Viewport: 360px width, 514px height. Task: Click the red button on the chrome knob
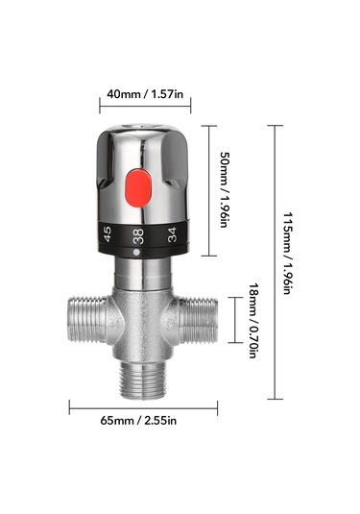tap(138, 188)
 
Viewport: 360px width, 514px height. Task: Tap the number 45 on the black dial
tap(108, 234)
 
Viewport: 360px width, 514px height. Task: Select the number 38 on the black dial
tap(138, 236)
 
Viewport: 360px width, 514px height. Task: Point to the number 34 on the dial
tap(172, 234)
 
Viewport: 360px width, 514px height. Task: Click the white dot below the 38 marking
tap(136, 253)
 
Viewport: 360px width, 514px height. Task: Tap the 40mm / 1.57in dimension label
tap(145, 94)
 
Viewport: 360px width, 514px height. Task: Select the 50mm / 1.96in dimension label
tap(224, 189)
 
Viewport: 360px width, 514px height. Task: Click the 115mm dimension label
tap(288, 254)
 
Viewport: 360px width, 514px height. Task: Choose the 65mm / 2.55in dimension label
tap(138, 420)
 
